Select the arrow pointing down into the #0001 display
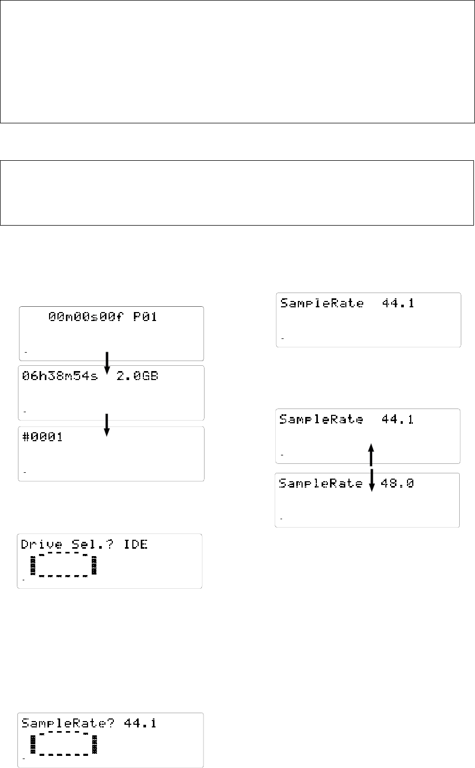(107, 425)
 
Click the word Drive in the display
(38, 544)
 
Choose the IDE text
(135, 544)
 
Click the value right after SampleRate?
(140, 723)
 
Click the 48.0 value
(398, 483)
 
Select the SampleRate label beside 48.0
(321, 483)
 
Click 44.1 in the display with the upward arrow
(398, 420)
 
